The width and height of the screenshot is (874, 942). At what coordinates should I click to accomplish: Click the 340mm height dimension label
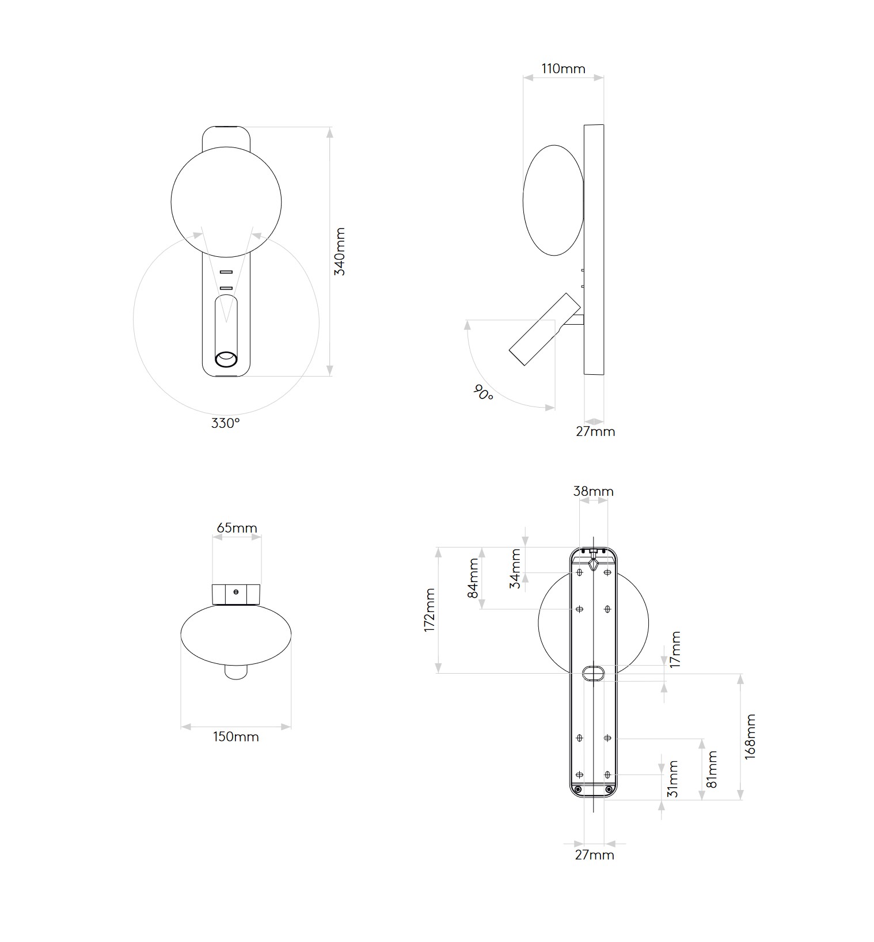[340, 252]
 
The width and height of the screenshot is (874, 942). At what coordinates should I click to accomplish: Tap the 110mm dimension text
[563, 69]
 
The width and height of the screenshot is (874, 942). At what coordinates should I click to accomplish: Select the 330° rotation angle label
[225, 423]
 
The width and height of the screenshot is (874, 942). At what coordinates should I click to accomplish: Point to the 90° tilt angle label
[484, 393]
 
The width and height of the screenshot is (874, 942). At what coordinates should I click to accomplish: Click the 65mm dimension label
[237, 527]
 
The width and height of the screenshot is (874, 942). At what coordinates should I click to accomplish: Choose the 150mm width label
[236, 736]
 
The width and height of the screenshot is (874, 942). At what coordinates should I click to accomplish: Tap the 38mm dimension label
[593, 491]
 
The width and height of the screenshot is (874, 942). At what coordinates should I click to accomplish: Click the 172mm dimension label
[430, 610]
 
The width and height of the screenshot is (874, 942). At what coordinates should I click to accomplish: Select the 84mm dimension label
[473, 578]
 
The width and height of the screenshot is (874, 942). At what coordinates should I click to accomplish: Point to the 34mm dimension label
[515, 568]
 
